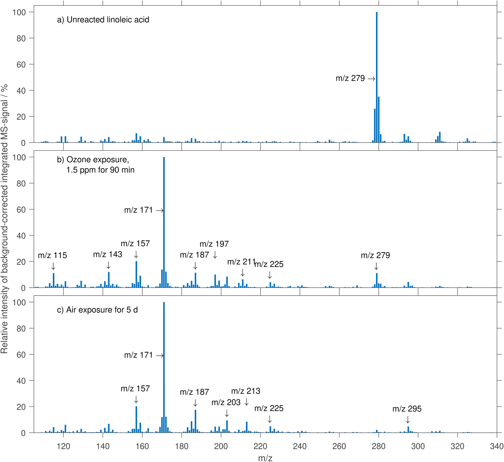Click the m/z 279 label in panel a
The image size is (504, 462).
tap(350, 78)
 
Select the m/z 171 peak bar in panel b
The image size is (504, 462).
tap(164, 222)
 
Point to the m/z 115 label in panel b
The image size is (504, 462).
tap(52, 255)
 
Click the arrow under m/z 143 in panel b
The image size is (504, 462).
tap(108, 265)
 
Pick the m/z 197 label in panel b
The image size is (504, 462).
tap(214, 244)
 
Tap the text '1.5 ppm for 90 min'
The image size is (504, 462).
tap(100, 170)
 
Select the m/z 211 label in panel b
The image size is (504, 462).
tap(241, 262)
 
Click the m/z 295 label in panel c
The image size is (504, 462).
tap(407, 409)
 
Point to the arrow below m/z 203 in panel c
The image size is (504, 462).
tap(227, 413)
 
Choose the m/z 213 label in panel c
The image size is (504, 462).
tap(246, 391)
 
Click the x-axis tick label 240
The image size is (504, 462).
tap(300, 446)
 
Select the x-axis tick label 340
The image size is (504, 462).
tap(496, 446)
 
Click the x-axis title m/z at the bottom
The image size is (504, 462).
tap(265, 458)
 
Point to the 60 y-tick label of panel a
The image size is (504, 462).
tap(21, 65)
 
